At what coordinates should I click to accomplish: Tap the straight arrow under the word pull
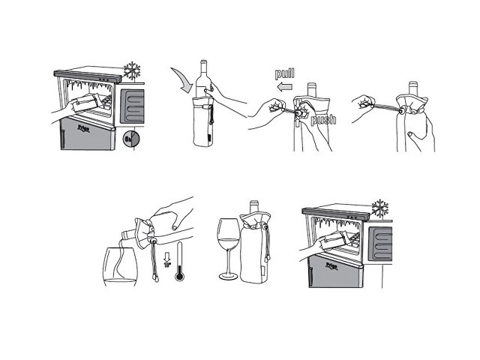point(282,87)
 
